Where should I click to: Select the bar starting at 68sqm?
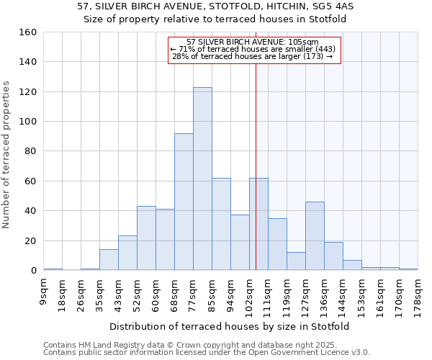184,202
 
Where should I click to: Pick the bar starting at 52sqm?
146,238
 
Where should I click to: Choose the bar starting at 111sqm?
277,244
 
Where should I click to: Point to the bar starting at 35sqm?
109,260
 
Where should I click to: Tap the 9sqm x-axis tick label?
44,294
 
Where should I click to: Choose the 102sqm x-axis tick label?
250,296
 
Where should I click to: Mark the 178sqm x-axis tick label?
418,296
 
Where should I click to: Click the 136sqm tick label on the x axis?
325,296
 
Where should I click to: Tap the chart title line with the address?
215,6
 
